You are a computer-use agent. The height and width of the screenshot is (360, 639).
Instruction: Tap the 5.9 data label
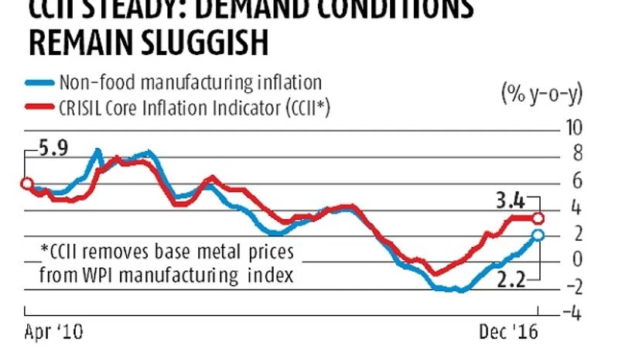click(51, 146)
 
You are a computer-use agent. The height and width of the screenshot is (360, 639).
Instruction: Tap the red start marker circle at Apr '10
click(27, 183)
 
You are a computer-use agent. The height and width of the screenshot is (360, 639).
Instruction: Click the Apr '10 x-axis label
click(53, 334)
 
